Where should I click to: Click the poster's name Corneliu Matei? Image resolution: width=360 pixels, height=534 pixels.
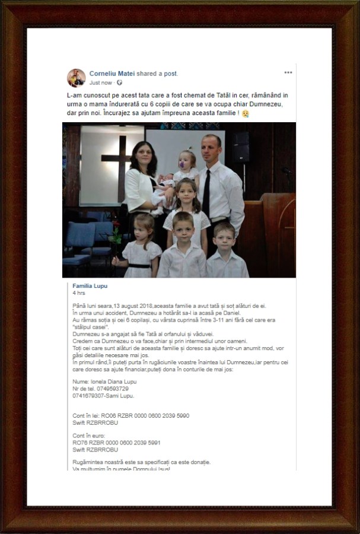(x=111, y=73)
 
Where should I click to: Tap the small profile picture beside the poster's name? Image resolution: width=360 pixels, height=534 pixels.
(x=76, y=78)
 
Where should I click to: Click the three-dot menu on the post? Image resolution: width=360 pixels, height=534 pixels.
(x=288, y=72)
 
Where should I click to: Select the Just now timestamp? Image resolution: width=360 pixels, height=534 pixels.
(x=100, y=82)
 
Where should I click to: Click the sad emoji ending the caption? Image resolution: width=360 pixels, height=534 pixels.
(x=246, y=113)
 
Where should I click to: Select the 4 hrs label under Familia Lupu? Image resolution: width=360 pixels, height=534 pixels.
(x=77, y=293)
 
